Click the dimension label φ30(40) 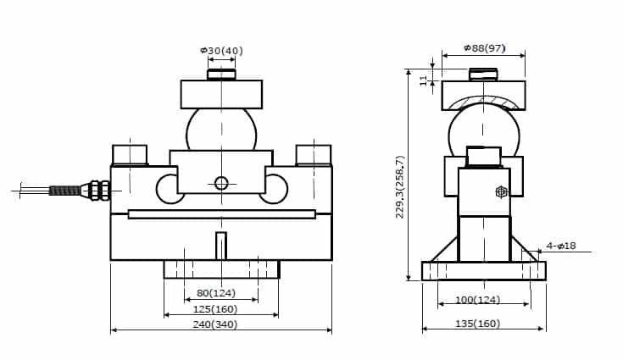pyautogui.click(x=221, y=51)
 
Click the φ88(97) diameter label pyautogui.click(x=485, y=47)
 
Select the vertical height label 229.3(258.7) pyautogui.click(x=400, y=187)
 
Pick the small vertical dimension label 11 pyautogui.click(x=424, y=80)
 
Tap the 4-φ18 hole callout pyautogui.click(x=561, y=246)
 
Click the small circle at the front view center pyautogui.click(x=221, y=182)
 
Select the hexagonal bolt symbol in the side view pyautogui.click(x=501, y=192)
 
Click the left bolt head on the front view pyautogui.click(x=130, y=155)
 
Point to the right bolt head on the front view pyautogui.click(x=313, y=155)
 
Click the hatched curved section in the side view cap pyautogui.click(x=484, y=102)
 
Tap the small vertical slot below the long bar pyautogui.click(x=221, y=246)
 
